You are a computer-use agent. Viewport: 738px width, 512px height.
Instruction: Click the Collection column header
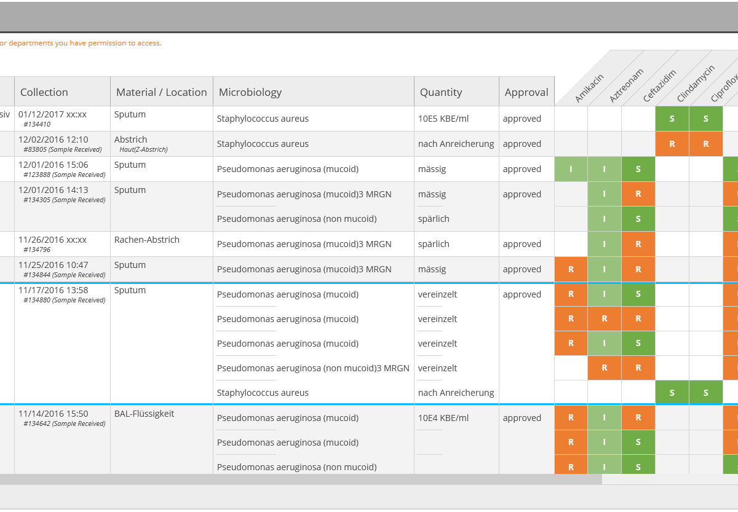coord(44,92)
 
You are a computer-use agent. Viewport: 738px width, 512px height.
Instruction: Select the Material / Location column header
coord(161,92)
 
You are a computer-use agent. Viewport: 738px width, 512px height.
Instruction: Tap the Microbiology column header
coord(250,92)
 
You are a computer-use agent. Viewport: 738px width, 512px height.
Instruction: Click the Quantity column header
coord(440,92)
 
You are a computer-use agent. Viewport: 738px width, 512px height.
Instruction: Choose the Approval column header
coord(526,92)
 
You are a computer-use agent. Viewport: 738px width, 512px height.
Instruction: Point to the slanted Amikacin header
coord(589,89)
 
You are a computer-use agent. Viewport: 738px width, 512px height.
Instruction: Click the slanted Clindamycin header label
coord(696,84)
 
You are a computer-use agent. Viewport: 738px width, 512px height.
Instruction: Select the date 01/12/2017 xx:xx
coord(52,114)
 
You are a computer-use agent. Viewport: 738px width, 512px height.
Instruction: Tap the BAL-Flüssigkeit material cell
coord(144,414)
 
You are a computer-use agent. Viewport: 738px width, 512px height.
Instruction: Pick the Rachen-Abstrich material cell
coord(146,240)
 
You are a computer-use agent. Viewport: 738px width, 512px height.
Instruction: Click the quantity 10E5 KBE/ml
coord(443,119)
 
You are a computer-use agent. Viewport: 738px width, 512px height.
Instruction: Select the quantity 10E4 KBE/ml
coord(443,418)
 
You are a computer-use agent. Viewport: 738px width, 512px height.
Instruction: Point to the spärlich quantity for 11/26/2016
coord(434,244)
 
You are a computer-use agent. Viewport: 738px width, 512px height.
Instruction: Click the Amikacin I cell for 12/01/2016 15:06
coord(571,169)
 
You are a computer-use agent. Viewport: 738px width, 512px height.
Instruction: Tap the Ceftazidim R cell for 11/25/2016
coord(638,269)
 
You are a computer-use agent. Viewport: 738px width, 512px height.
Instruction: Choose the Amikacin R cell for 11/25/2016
coord(571,269)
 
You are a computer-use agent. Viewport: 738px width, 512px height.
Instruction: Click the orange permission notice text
coord(81,43)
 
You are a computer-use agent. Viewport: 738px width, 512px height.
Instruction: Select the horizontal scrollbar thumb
coord(301,479)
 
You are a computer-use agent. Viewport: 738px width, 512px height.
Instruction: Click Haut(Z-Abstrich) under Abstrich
coord(143,149)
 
